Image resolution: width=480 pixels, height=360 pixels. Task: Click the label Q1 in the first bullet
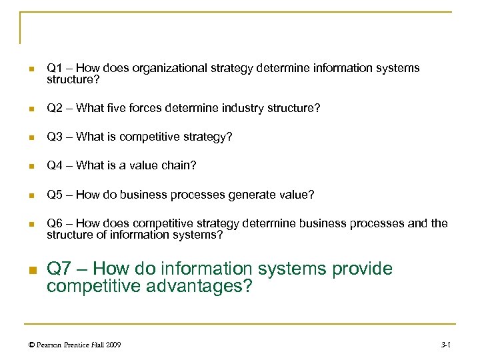54,68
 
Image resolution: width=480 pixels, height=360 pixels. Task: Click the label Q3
54,137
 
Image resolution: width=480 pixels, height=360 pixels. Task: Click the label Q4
54,166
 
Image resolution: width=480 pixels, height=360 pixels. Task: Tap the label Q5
54,195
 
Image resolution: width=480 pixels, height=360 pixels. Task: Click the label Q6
54,223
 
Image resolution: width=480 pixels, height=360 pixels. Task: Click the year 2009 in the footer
113,345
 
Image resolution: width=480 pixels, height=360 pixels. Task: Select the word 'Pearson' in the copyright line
50,345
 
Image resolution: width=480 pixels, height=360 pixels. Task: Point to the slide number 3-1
446,345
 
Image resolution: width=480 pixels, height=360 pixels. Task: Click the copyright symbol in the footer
30,345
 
